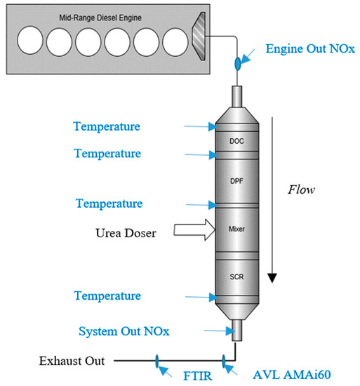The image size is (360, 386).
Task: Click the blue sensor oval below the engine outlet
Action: (x=236, y=65)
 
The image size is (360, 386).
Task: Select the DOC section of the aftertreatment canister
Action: (x=236, y=140)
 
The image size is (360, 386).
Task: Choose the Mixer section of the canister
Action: (x=236, y=229)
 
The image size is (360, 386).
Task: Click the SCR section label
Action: (x=236, y=277)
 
